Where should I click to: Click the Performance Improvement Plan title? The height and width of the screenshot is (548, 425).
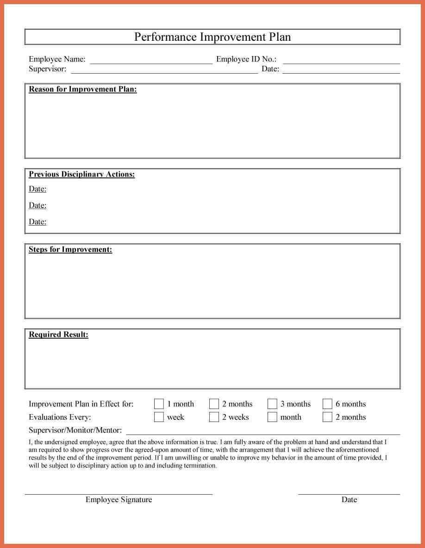[212, 37]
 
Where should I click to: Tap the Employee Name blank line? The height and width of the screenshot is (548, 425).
[151, 62]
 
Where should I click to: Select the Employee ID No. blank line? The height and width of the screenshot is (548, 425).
[341, 62]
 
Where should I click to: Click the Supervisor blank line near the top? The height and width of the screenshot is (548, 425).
[164, 71]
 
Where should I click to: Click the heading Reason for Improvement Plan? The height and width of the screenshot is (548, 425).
[83, 89]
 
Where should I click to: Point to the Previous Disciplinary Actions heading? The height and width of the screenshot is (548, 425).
[82, 175]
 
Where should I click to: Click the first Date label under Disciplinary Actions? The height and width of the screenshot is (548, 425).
[37, 189]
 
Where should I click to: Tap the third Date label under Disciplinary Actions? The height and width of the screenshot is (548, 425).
[37, 222]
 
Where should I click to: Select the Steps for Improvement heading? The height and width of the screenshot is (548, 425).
[70, 250]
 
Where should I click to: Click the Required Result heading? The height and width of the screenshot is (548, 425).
[58, 334]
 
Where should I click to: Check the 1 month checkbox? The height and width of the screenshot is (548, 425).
[159, 404]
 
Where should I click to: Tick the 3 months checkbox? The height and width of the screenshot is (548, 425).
[272, 404]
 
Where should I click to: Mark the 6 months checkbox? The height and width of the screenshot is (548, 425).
[327, 404]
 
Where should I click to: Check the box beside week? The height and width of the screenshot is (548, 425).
[159, 417]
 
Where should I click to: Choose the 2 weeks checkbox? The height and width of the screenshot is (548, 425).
[214, 417]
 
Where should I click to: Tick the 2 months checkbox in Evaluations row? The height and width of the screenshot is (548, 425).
[327, 417]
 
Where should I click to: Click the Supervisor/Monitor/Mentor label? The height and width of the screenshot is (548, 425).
[75, 430]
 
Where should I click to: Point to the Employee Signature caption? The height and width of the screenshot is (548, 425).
[119, 499]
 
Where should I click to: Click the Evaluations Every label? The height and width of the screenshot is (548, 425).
[60, 417]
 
